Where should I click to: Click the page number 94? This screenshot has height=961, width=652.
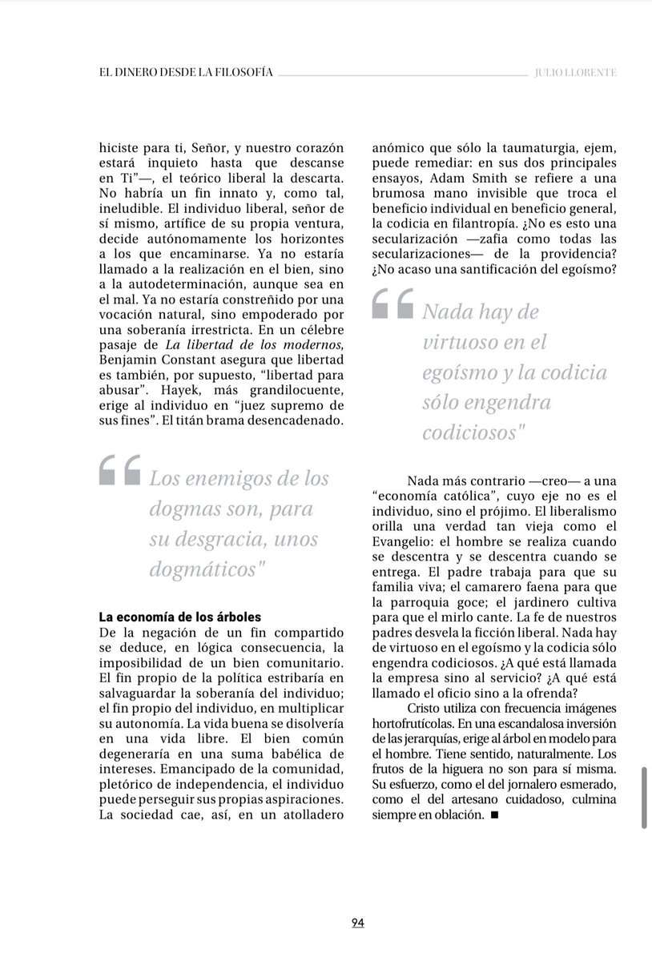click(357, 923)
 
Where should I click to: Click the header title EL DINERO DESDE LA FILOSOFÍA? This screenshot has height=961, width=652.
click(182, 72)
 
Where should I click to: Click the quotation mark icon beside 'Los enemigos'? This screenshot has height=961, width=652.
click(119, 472)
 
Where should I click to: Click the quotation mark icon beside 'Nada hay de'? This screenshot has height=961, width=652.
click(393, 305)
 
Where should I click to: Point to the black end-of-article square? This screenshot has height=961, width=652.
click(494, 815)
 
